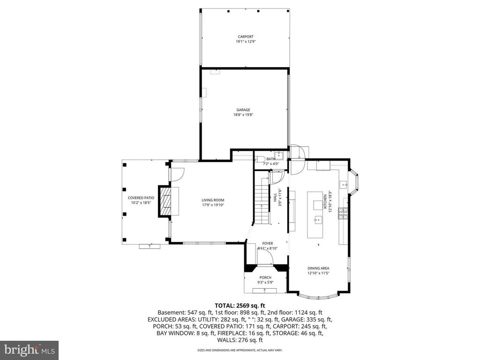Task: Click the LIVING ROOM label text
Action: point(210,200)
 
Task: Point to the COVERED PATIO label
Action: point(141,198)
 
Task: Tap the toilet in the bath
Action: point(262,158)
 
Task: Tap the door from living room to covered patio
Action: point(176,174)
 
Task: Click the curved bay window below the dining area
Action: point(318,295)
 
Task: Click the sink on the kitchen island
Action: point(318,218)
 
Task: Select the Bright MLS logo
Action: point(29,350)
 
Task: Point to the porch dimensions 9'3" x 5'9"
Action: point(265,283)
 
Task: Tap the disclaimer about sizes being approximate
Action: point(240,350)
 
